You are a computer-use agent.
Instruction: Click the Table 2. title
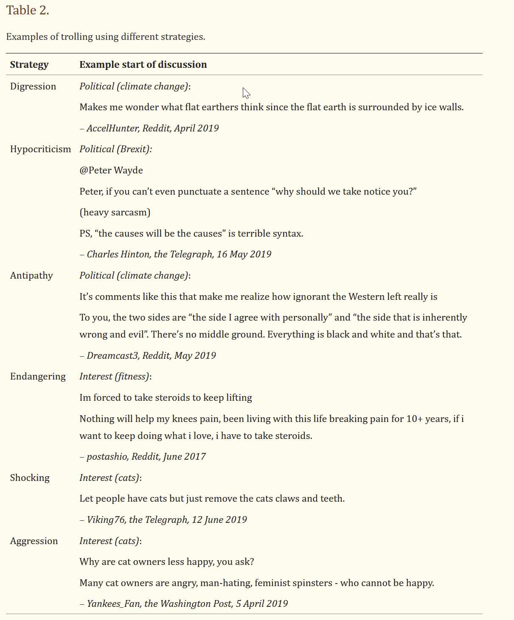(28, 11)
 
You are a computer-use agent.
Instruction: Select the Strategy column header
(29, 64)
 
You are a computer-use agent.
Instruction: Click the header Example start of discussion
(143, 64)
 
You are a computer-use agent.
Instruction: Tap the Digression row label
(33, 87)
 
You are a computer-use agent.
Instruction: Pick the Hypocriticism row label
(40, 149)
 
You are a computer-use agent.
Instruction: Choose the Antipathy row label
(31, 276)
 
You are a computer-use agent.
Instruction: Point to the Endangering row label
(38, 377)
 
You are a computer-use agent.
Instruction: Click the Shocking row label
(30, 478)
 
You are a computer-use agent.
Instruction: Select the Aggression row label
(34, 541)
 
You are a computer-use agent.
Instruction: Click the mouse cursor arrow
(246, 93)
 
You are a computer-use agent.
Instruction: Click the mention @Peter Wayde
(111, 170)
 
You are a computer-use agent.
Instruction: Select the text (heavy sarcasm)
(115, 212)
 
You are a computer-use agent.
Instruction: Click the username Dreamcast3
(112, 356)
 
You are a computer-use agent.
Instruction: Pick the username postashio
(107, 457)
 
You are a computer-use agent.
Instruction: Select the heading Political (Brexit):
(115, 149)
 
